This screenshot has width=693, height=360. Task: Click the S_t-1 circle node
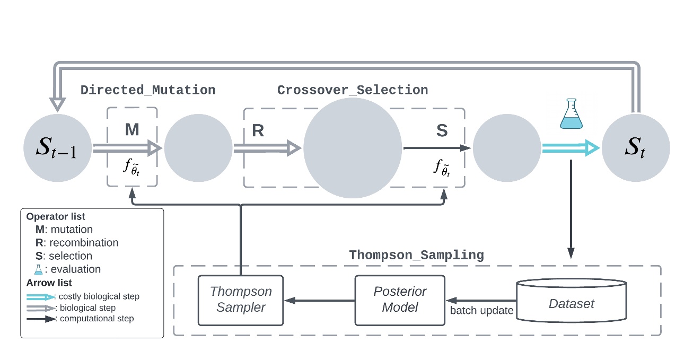(x=56, y=147)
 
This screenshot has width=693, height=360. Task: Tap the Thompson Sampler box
(x=240, y=300)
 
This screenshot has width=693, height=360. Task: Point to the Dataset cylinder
(x=572, y=301)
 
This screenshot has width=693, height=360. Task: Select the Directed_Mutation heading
(x=148, y=90)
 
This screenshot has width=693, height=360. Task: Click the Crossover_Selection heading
(x=352, y=90)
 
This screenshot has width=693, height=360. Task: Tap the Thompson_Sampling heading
(x=416, y=256)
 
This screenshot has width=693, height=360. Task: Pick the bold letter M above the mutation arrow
(x=131, y=129)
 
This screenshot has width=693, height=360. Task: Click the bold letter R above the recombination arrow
(x=258, y=131)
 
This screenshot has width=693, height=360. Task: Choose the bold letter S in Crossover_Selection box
(x=441, y=131)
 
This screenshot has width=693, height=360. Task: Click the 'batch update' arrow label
(x=481, y=311)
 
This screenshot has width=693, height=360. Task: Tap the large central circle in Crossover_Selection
(x=352, y=148)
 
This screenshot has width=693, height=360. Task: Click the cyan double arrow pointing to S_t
(x=570, y=148)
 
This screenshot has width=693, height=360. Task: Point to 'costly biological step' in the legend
(x=100, y=296)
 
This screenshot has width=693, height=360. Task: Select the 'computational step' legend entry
(x=97, y=319)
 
